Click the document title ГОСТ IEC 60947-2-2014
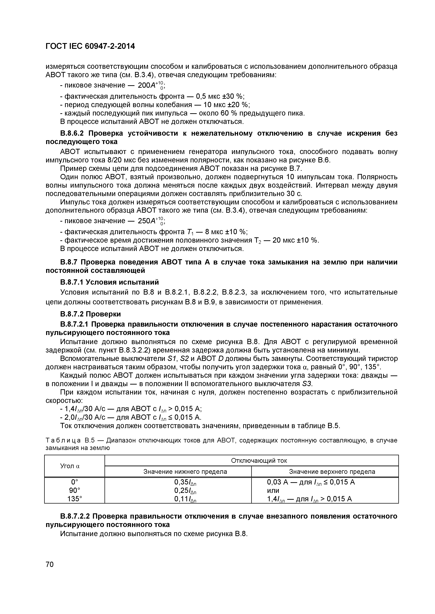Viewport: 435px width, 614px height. click(x=90, y=47)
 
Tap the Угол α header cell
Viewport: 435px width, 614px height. click(x=70, y=466)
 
